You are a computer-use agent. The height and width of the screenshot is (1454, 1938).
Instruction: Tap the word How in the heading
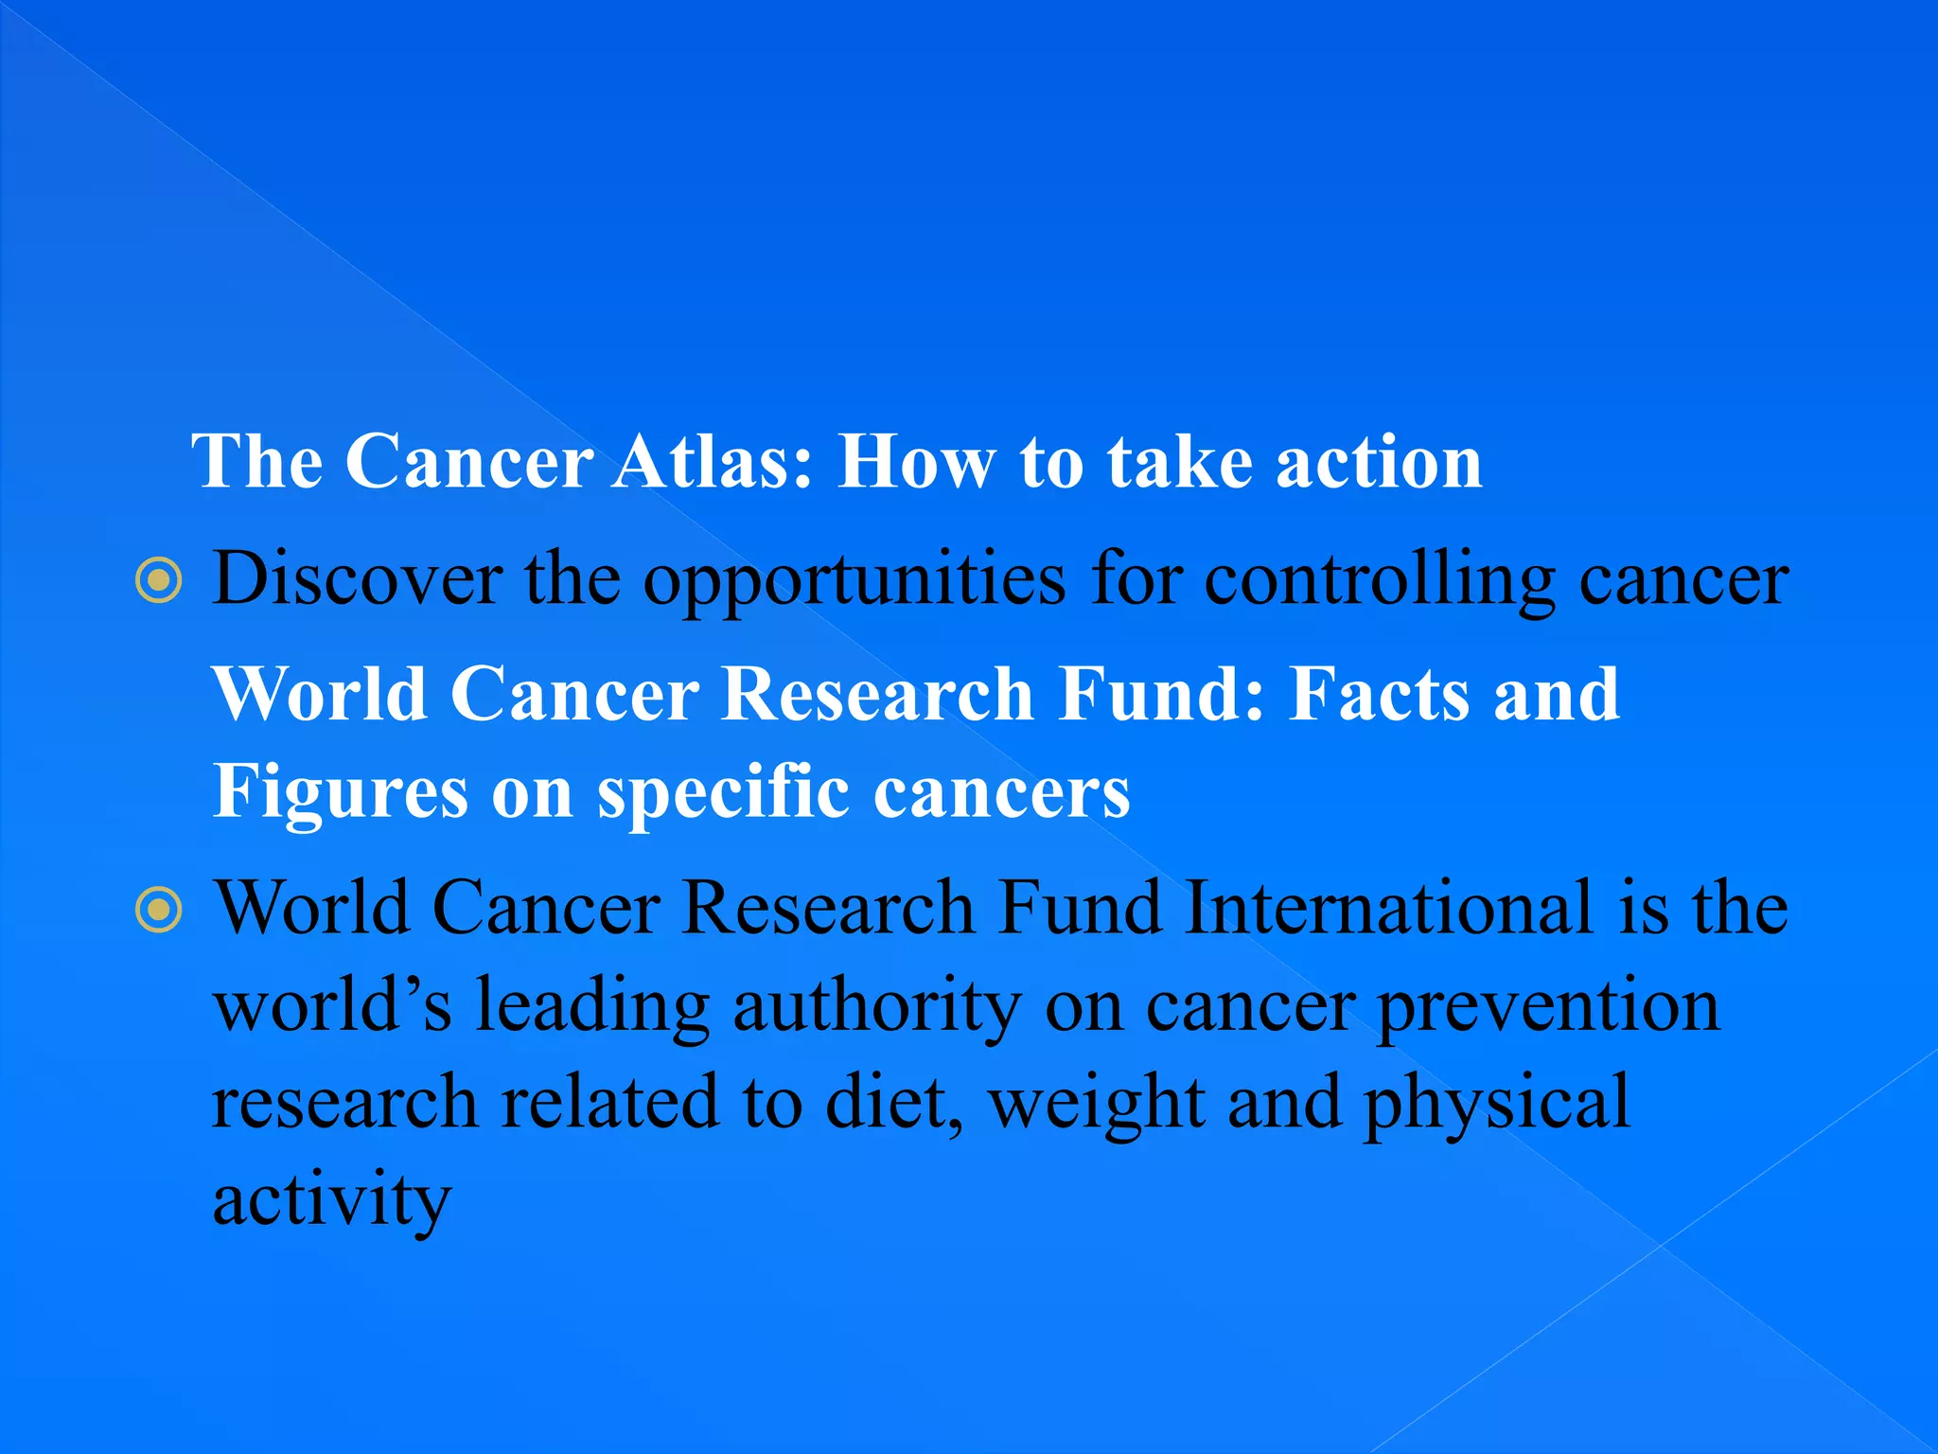click(916, 462)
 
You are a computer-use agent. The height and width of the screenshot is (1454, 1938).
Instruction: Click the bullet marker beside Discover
click(159, 580)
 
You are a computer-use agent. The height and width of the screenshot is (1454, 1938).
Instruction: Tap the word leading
click(592, 1005)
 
